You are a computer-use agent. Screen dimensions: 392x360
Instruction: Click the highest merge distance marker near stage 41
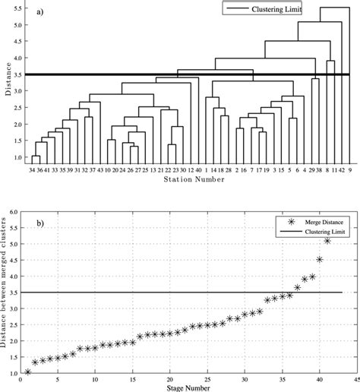pyautogui.click(x=327, y=242)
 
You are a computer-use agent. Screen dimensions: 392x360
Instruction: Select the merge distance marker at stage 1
pyautogui.click(x=27, y=371)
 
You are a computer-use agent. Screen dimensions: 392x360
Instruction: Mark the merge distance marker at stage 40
pyautogui.click(x=320, y=260)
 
